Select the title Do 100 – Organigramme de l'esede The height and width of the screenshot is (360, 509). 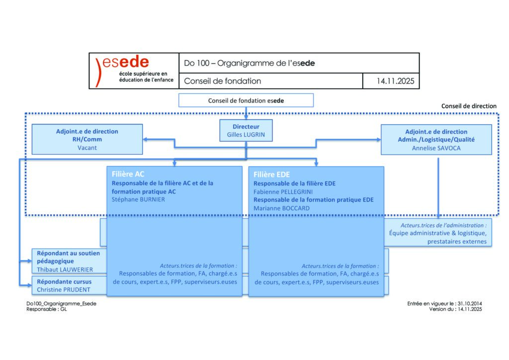pos(250,63)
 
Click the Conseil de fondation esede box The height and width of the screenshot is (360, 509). pos(246,100)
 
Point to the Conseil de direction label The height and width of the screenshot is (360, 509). pos(469,106)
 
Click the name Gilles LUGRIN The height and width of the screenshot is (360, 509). pos(246,135)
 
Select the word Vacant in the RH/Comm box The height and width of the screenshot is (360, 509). pos(87,148)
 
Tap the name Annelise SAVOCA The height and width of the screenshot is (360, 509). pos(436,148)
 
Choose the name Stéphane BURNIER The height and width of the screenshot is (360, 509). pos(137,199)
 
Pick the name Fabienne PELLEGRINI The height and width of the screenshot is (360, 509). pos(281,191)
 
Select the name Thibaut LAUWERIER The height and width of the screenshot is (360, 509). pos(65,269)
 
